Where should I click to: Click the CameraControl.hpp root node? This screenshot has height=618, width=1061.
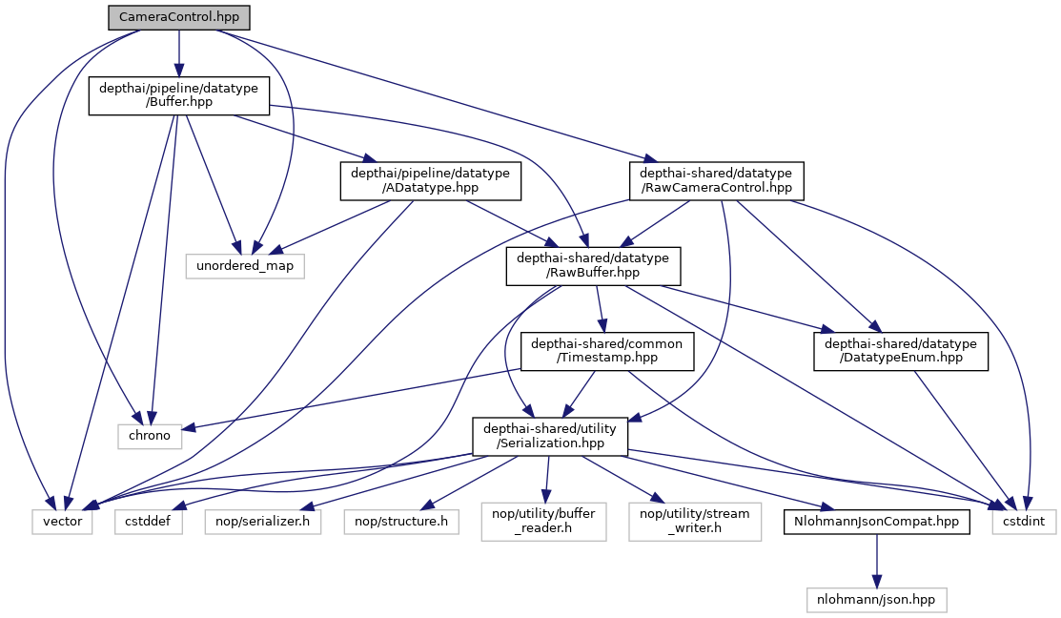tap(179, 18)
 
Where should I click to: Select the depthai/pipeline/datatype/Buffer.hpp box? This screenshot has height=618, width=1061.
tap(178, 96)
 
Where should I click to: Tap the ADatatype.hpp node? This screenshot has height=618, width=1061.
tap(431, 180)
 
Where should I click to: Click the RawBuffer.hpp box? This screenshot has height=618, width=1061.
tap(593, 265)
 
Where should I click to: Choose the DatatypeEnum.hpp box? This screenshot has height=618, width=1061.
tap(901, 351)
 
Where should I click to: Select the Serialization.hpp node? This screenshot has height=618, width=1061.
tap(551, 436)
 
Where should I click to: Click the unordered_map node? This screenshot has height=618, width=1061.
tap(245, 265)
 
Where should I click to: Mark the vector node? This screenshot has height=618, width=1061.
tap(62, 522)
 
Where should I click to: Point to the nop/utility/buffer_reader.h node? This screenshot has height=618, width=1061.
tap(543, 522)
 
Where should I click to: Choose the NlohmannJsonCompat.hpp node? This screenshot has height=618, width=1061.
tap(878, 522)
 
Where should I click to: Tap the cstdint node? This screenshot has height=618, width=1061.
tap(1024, 522)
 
